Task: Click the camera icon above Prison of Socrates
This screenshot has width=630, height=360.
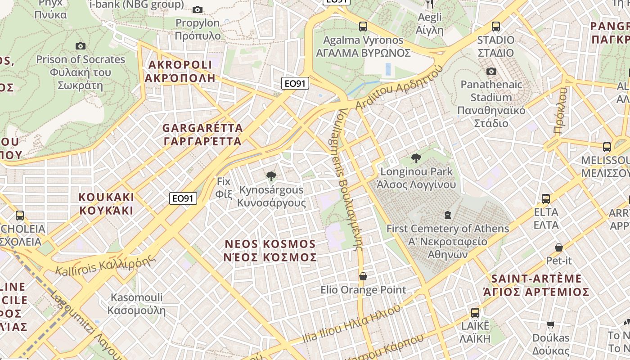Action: click(x=81, y=46)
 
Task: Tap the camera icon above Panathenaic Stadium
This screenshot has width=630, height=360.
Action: click(x=491, y=71)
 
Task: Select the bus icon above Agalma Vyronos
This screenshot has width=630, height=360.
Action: click(x=363, y=27)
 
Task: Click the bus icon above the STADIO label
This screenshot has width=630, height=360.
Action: click(x=496, y=27)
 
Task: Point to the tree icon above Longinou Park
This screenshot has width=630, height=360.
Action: click(x=416, y=158)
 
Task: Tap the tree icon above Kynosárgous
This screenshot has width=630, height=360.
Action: click(x=271, y=176)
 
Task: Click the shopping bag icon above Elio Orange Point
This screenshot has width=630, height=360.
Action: click(x=363, y=276)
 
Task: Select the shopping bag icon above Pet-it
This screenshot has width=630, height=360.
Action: click(x=559, y=247)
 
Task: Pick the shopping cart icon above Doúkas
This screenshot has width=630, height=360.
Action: click(x=551, y=324)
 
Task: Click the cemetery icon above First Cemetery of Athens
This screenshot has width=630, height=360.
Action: click(x=448, y=215)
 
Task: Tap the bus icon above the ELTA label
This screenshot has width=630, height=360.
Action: click(x=546, y=198)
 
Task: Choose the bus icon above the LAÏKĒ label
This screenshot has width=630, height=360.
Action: click(x=475, y=312)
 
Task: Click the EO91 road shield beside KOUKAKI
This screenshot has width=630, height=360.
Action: click(x=183, y=198)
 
